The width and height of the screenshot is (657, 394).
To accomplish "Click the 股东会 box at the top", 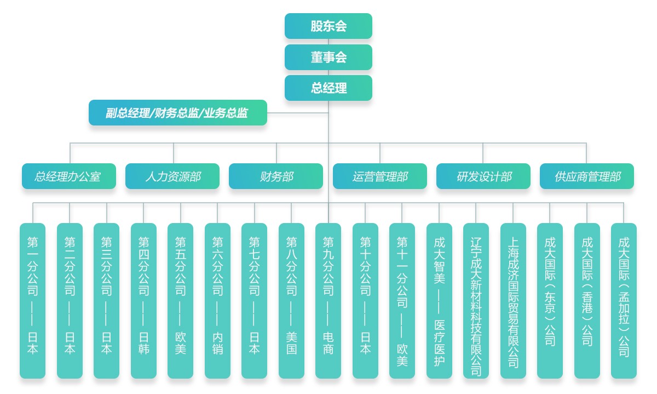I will tap(328, 26).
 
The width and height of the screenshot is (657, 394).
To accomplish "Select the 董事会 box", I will tap(328, 57).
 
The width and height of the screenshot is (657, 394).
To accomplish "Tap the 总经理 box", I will tap(328, 88).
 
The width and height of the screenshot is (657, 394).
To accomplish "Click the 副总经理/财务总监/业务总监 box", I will tap(178, 113).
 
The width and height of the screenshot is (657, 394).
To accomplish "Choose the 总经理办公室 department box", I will tap(69, 176).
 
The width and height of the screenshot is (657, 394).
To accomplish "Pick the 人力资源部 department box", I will tap(172, 176).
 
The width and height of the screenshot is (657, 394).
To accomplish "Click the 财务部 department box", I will tap(276, 176).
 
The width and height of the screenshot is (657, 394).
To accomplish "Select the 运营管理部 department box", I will tap(380, 176).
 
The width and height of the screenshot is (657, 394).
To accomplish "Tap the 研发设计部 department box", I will tap(483, 176).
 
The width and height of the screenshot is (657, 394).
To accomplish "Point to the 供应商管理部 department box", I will tap(587, 176).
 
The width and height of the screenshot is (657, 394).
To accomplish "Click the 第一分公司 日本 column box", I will tap(33, 300).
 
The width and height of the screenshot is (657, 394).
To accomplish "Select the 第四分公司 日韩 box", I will tap(143, 300).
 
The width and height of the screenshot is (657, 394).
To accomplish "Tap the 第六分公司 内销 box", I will tap(217, 300).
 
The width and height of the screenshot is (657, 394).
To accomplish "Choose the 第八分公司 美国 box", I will tap(291, 300).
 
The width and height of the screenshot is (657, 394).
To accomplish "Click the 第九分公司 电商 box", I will tap(328, 300).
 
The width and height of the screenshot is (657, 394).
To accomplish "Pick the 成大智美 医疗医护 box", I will tap(439, 300).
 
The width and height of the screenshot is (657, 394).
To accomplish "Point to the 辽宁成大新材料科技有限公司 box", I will tap(476, 300).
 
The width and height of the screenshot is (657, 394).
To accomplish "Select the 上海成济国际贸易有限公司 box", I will tap(513, 300).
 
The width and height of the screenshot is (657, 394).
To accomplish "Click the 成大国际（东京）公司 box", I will tap(550, 300).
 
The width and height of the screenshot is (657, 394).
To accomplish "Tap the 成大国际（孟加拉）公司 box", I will tap(624, 300).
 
